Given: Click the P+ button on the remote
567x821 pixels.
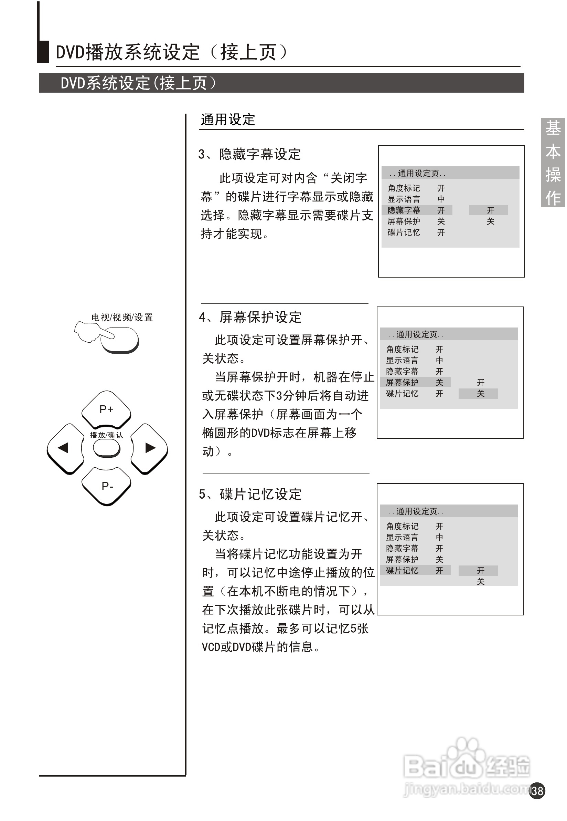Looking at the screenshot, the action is pyautogui.click(x=106, y=409).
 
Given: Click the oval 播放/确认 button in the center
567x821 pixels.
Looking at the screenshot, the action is pyautogui.click(x=107, y=448).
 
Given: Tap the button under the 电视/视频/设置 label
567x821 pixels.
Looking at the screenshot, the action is pyautogui.click(x=121, y=340).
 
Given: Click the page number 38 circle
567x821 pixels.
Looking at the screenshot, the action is pyautogui.click(x=537, y=790).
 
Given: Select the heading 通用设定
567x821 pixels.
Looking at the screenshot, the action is pyautogui.click(x=228, y=120).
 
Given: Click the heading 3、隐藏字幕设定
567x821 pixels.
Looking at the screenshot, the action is pyautogui.click(x=249, y=154).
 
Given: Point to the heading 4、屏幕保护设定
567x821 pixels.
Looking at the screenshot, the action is pyautogui.click(x=250, y=317).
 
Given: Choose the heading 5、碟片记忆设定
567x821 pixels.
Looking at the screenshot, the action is pyautogui.click(x=250, y=494).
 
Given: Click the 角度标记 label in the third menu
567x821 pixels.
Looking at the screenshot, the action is pyautogui.click(x=402, y=526).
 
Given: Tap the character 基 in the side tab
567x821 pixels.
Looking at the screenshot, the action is pyautogui.click(x=553, y=128).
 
